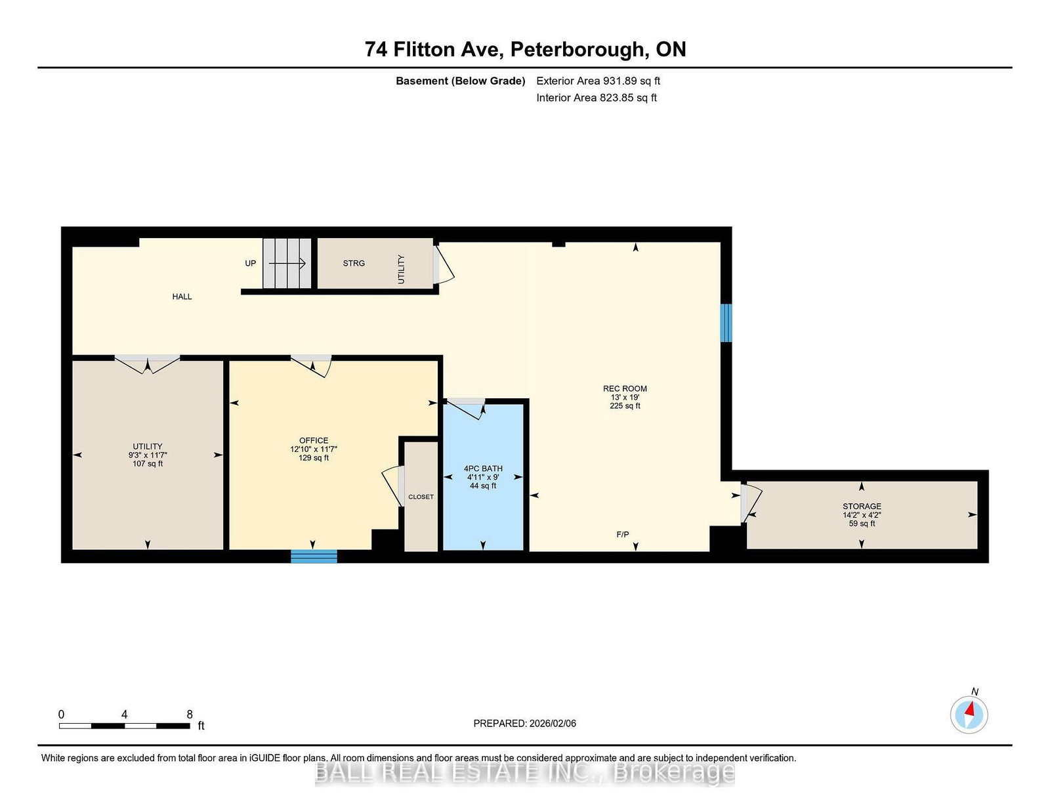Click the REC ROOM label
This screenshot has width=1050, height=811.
click(625, 388)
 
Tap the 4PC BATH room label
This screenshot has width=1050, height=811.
click(483, 468)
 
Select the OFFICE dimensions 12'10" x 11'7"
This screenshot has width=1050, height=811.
click(314, 449)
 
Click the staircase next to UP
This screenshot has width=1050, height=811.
click(287, 263)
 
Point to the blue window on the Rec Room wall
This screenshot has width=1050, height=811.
click(726, 322)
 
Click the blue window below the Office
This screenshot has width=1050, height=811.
click(314, 556)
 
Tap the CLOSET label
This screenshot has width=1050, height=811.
click(421, 497)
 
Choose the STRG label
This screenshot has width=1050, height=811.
click(354, 263)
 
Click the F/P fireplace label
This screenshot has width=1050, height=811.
click(623, 535)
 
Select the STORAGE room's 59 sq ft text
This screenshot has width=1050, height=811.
click(862, 524)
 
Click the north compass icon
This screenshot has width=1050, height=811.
click(969, 715)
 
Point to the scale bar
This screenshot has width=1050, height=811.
click(125, 726)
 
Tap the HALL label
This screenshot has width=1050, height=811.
click(182, 297)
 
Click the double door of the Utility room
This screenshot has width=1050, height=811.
click(148, 364)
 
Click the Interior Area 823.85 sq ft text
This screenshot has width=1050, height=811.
click(596, 98)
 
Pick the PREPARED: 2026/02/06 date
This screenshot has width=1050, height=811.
click(524, 723)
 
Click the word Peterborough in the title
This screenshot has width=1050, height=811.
click(577, 49)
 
